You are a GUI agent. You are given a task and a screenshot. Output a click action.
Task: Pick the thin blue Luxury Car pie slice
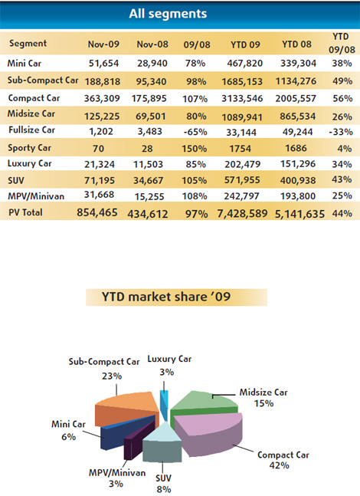(x=164, y=399)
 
